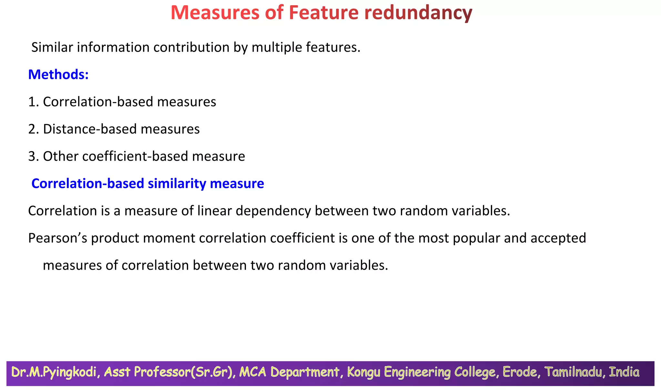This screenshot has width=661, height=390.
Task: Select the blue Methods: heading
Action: pyautogui.click(x=58, y=75)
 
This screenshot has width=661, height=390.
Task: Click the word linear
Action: pyautogui.click(x=215, y=211)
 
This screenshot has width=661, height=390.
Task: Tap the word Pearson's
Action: pyautogui.click(x=58, y=238)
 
